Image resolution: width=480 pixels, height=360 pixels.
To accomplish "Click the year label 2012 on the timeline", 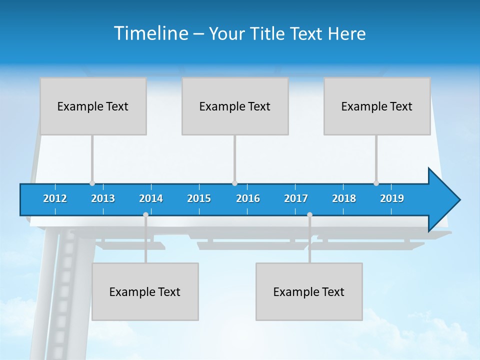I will tap(55, 198).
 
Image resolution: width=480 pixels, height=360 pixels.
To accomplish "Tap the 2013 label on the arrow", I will tap(103, 198).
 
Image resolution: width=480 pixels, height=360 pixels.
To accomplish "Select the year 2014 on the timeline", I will tap(151, 198).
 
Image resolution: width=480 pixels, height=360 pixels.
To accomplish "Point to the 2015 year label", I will tap(199, 198).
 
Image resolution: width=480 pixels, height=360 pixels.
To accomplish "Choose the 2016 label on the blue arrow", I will tap(248, 198).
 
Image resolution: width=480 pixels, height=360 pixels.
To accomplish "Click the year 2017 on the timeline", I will tap(296, 198).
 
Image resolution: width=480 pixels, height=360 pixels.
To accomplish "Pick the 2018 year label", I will tap(344, 198).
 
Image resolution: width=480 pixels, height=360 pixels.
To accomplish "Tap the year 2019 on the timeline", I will tap(392, 198).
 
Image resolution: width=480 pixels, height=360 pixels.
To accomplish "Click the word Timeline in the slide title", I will tap(150, 33).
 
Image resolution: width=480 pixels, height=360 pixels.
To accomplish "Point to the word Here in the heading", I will tap(347, 34).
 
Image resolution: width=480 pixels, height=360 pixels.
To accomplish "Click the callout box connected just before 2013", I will tap(93, 106).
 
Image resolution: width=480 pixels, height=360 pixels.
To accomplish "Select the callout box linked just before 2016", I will tap(235, 106).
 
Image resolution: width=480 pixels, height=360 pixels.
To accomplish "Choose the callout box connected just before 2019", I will tap(377, 106).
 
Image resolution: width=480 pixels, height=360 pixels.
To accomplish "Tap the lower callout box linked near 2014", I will tap(145, 291).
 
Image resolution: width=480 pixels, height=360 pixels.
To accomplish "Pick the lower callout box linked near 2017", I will tap(309, 291).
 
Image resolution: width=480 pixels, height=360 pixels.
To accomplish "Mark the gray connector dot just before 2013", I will tap(92, 183).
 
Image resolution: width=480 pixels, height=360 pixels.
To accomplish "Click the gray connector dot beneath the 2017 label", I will tap(309, 214).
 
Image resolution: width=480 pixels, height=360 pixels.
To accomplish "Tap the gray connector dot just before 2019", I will tap(376, 183).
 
